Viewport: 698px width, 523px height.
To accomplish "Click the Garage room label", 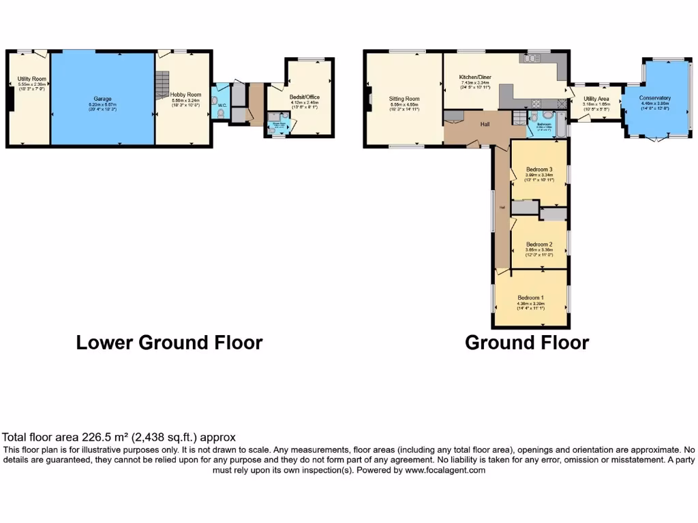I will pos(102,99).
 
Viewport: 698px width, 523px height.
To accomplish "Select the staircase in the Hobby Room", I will pos(162,85).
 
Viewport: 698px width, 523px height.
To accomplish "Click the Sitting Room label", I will pos(403,99).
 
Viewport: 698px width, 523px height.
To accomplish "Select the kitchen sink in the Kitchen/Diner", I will pos(532,59).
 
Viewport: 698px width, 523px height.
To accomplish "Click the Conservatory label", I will pos(654,98).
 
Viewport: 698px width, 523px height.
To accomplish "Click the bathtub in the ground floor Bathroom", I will pos(560,125).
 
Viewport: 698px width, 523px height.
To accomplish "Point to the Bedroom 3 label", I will pos(539,170).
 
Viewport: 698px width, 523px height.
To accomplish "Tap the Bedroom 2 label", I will pos(538,244).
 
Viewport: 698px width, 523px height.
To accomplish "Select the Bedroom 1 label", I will pos(530,298).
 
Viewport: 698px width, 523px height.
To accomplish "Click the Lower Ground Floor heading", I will pos(169,342).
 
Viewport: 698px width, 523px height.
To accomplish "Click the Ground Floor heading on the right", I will pos(526,342).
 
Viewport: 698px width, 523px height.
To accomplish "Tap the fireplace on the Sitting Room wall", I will pos(366,99).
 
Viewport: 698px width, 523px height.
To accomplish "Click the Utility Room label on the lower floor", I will pos(31,80).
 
